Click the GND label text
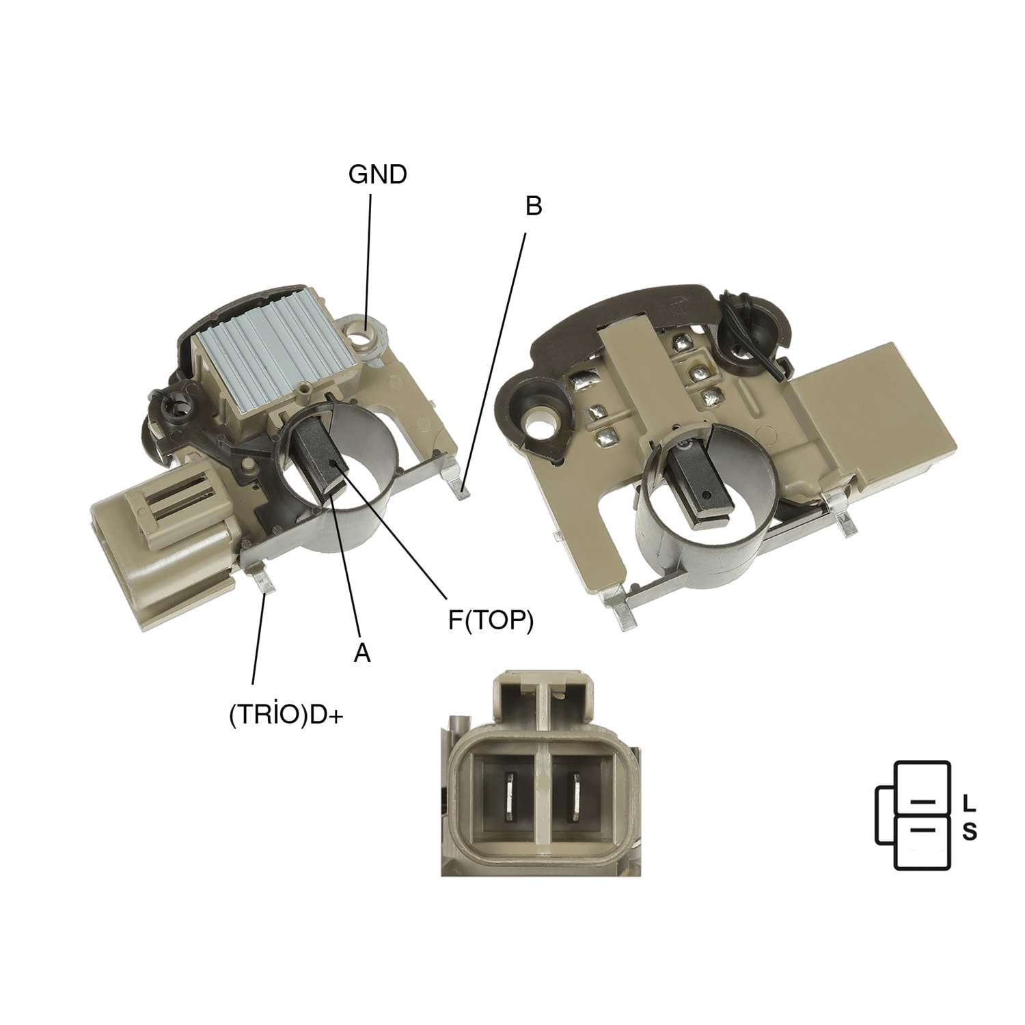point(377,174)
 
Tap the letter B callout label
point(534,206)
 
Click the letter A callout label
point(361,653)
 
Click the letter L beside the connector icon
point(969,804)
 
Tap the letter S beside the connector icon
point(970,832)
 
